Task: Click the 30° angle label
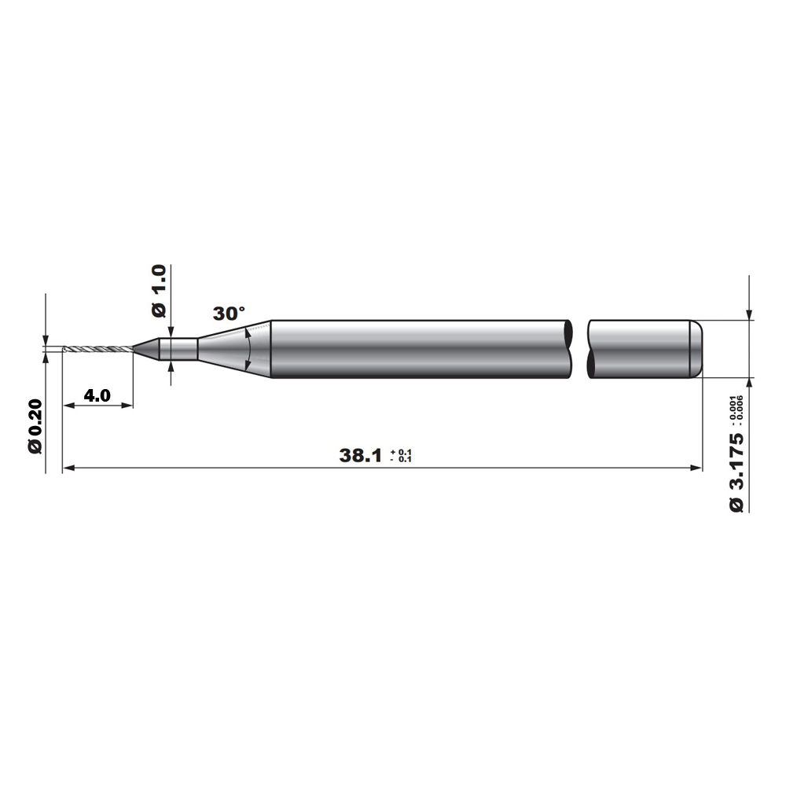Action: [x=229, y=314]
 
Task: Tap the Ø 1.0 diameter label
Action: [x=159, y=292]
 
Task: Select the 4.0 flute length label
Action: [x=97, y=395]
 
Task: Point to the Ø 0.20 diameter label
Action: [x=35, y=426]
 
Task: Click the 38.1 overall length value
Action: [x=361, y=456]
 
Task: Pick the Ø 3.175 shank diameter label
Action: [x=736, y=472]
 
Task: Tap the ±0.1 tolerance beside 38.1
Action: [x=401, y=456]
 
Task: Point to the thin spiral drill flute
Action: [x=98, y=349]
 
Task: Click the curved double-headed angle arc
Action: [x=249, y=349]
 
